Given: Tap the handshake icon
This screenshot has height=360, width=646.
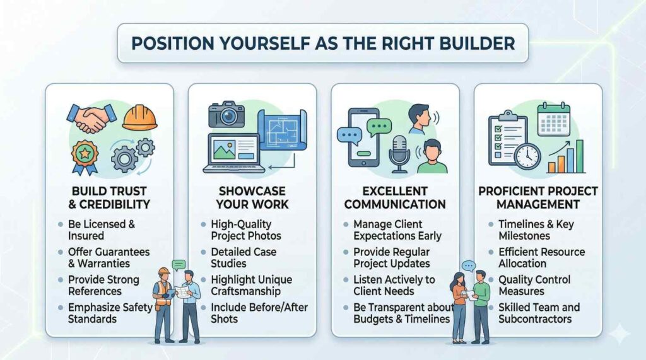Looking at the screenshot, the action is [x=91, y=119].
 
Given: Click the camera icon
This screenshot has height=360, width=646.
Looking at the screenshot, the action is [x=226, y=114].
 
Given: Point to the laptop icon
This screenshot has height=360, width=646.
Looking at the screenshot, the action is [x=234, y=153].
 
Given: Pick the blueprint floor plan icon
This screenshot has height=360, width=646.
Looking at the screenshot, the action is [x=282, y=130].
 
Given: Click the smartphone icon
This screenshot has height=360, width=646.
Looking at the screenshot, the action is [x=363, y=137].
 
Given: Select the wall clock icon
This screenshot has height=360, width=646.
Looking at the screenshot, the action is [x=527, y=156].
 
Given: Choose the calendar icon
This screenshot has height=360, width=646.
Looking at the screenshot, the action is [x=554, y=119].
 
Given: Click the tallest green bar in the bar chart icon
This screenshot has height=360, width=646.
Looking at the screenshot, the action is [x=580, y=156].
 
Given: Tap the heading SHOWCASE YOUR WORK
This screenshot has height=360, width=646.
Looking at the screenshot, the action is [x=252, y=198].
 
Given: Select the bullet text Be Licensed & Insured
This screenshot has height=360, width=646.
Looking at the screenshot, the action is [x=102, y=230].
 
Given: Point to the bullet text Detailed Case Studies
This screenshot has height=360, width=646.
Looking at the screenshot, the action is [x=244, y=257].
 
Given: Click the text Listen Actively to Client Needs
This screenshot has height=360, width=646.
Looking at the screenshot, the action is [x=394, y=285].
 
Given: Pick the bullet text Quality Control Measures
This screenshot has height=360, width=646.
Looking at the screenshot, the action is [x=534, y=285].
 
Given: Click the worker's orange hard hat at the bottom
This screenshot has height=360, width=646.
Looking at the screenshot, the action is [x=164, y=271].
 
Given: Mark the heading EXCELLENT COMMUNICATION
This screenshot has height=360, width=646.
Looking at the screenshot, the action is [x=395, y=198].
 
